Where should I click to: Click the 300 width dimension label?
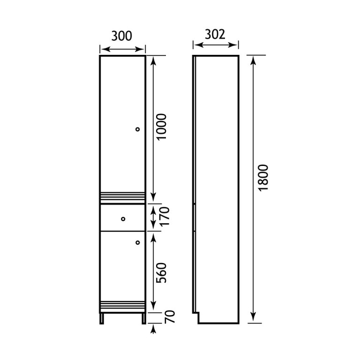tap(122, 36)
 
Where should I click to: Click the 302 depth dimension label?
tap(215, 34)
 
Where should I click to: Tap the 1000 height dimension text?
tap(161, 127)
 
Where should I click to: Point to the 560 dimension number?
tap(161, 273)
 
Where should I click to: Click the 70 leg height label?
tap(170, 316)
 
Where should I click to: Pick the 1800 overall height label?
tap(263, 178)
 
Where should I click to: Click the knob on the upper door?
tap(137, 129)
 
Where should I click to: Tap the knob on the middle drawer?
tap(123, 219)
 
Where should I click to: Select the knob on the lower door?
tap(138, 242)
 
